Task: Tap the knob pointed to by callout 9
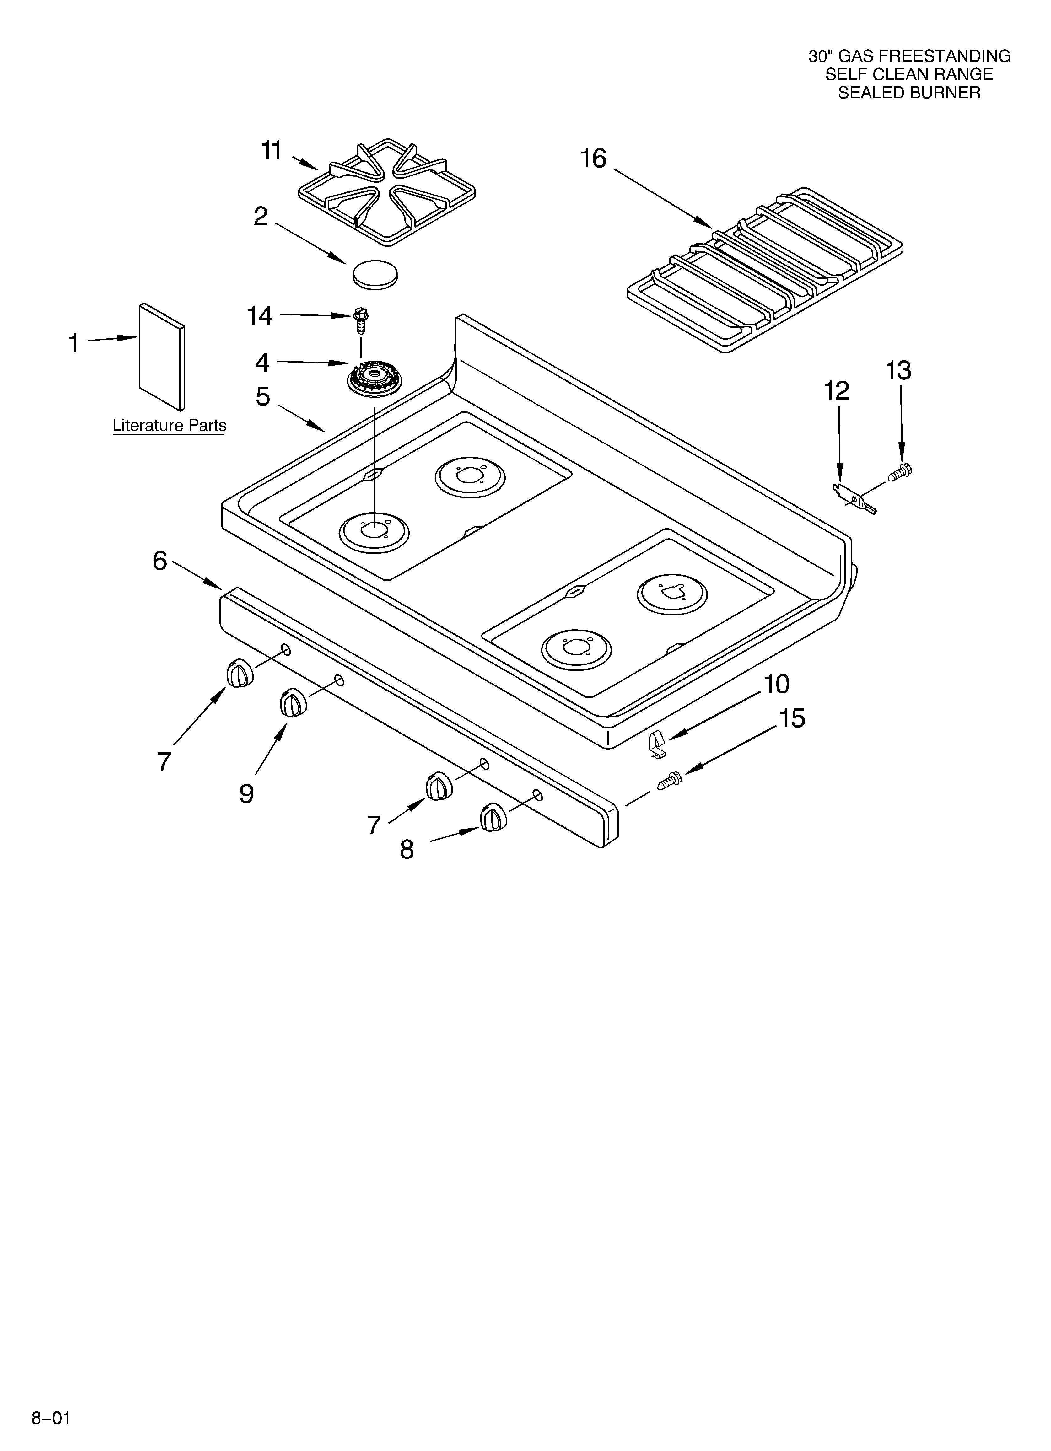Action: click(293, 704)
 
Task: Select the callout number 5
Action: click(262, 397)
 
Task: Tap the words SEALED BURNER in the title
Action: click(909, 93)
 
